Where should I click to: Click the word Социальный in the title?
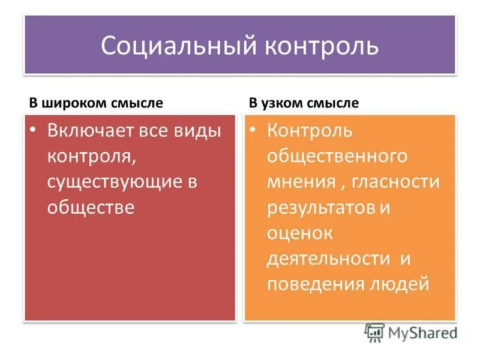point(161,46)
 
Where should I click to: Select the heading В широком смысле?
point(96,103)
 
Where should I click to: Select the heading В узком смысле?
point(304,103)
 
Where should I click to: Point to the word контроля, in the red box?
point(92,157)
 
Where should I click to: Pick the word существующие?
point(114,182)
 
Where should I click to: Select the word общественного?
point(337,157)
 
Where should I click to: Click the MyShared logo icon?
point(375,332)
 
